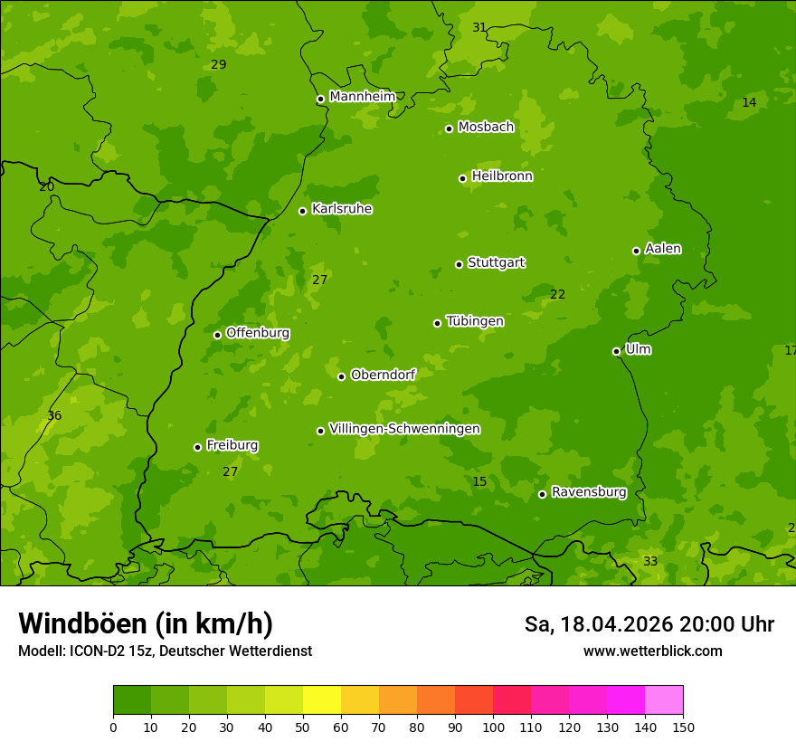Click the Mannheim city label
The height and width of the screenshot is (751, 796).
click(362, 96)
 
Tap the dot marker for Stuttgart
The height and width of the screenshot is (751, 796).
click(459, 264)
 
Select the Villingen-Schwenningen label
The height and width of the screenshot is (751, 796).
click(404, 429)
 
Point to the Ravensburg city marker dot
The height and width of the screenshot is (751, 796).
click(542, 494)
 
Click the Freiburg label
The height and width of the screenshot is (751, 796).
click(232, 445)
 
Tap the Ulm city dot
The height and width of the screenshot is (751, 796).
click(616, 351)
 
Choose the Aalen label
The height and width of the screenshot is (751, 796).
click(663, 249)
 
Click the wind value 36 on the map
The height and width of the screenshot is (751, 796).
click(54, 415)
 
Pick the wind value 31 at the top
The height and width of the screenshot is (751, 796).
click(479, 27)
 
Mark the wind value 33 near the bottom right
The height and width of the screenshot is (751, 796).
click(650, 561)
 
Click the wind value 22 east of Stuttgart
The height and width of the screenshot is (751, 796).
click(557, 294)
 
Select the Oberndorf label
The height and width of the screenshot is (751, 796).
click(383, 375)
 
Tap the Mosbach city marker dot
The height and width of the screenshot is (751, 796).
click(449, 128)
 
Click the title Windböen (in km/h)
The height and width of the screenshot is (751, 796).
click(145, 623)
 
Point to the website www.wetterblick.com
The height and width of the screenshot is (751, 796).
click(652, 651)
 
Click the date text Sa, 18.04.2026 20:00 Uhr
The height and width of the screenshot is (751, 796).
click(649, 624)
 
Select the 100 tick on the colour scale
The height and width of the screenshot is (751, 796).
click(493, 726)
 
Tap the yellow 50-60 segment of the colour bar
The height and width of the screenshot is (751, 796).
click(322, 700)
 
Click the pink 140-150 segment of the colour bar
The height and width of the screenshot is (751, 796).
click(664, 700)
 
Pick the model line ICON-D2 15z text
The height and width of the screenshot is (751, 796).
click(165, 651)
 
